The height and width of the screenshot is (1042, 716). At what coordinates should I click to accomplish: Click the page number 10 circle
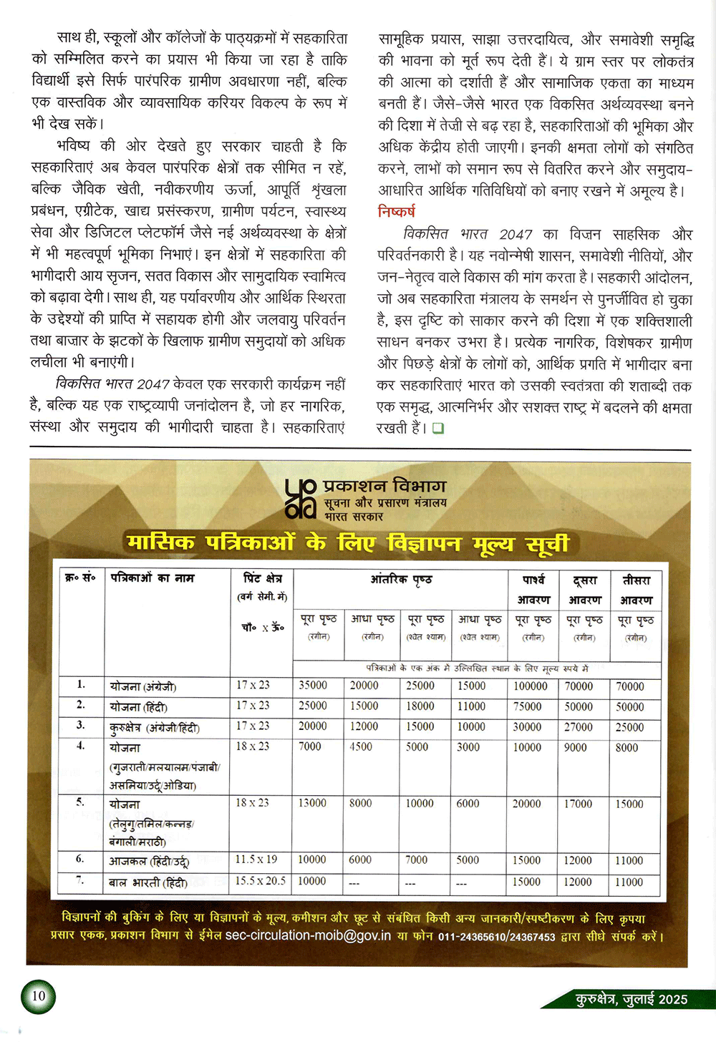(x=38, y=995)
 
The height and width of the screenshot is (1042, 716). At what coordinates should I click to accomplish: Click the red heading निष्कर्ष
(x=396, y=212)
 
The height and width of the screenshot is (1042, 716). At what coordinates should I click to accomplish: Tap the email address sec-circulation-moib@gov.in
(x=308, y=935)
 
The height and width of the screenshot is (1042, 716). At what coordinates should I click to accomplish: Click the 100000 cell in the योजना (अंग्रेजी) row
(x=530, y=686)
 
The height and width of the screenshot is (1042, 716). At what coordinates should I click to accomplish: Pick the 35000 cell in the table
(x=312, y=685)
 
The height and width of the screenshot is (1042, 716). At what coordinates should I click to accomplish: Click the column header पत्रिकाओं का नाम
(x=153, y=578)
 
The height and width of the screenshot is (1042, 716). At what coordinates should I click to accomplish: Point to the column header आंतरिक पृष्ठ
(x=401, y=579)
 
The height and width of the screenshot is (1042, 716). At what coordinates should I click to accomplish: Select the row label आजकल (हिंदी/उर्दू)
(x=149, y=861)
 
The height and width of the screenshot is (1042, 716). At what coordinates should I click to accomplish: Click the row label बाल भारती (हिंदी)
(x=147, y=882)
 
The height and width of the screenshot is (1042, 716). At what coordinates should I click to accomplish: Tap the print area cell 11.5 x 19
(x=256, y=859)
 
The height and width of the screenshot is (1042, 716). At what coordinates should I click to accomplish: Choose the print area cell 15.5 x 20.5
(x=261, y=881)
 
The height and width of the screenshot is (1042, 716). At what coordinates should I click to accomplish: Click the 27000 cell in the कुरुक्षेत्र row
(x=578, y=726)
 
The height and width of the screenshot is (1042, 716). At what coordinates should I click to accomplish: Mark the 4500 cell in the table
(x=361, y=746)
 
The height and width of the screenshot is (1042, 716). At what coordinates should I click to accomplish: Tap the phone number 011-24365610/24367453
(x=496, y=936)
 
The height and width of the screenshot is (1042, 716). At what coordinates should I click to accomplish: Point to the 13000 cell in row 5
(x=312, y=803)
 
